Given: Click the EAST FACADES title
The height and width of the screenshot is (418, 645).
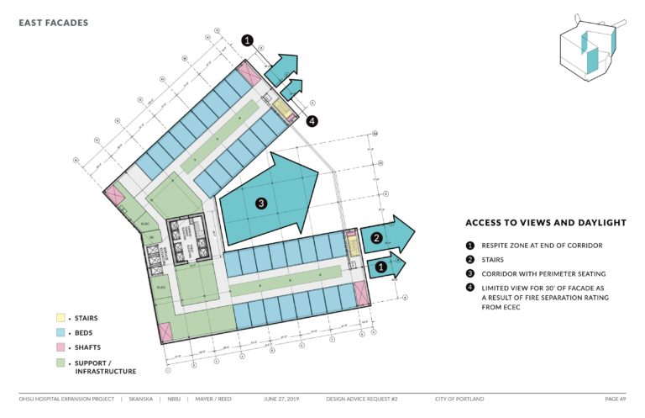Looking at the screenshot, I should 53,23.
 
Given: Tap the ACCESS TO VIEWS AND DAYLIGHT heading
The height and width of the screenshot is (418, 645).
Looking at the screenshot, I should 546,223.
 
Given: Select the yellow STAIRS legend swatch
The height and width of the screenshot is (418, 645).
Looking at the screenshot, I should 60,318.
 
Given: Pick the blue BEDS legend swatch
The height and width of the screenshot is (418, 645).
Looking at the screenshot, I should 60,333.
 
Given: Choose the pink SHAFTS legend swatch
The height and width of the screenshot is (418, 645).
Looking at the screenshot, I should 60,348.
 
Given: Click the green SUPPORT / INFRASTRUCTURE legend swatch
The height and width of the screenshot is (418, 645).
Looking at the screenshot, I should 60,363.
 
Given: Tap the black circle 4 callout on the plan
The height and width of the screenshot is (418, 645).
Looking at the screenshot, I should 312,121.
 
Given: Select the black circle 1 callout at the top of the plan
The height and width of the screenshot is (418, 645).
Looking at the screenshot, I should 248,40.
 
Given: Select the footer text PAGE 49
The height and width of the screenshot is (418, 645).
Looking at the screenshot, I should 615,398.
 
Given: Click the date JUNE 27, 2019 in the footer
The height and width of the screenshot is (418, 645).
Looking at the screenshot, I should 281,398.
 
